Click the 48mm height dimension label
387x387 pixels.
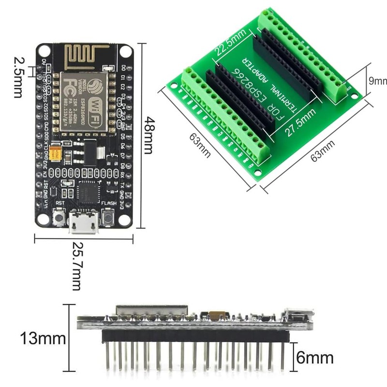point(151,134)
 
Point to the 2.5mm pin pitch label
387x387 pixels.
point(18,77)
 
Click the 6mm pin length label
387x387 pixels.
point(314,358)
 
